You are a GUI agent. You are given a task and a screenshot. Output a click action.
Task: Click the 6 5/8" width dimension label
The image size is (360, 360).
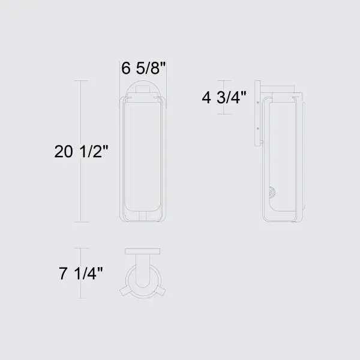tap(143, 68)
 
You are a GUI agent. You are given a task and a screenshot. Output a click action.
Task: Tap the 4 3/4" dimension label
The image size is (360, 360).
tap(224, 98)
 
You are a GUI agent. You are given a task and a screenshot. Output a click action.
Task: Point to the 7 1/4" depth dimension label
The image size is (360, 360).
tap(81, 275)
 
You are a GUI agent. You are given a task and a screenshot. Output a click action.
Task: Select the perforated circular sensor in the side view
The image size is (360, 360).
tap(273, 194)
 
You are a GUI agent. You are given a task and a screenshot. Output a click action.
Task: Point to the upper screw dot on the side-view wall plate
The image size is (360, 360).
tap(257, 103)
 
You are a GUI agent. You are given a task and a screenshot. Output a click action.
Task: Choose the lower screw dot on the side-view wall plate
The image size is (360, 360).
tap(257, 128)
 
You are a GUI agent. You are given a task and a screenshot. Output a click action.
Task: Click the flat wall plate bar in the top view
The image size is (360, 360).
tap(143, 251)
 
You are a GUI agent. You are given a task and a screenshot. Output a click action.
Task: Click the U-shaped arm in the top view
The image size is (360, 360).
tap(143, 273)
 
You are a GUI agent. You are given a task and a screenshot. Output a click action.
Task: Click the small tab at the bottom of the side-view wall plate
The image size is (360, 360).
tap(263, 142)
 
